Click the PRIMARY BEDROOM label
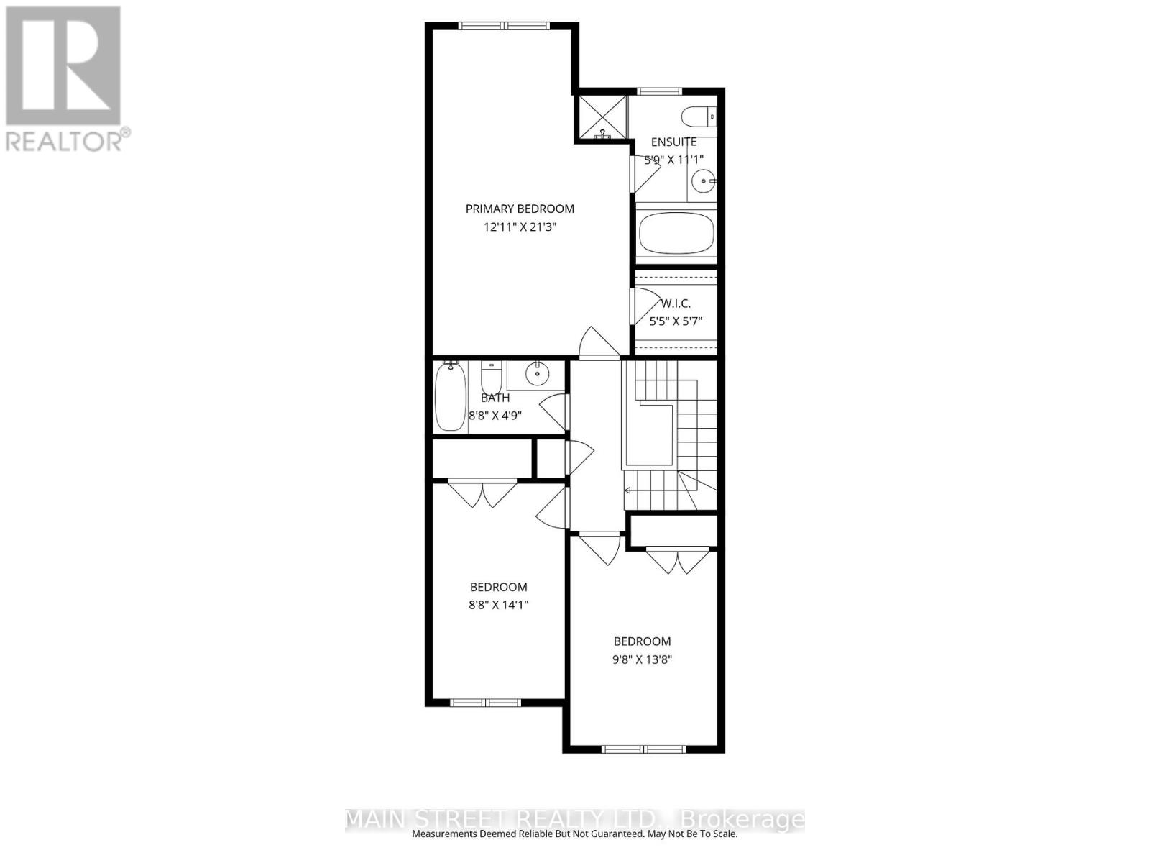pyautogui.click(x=520, y=209)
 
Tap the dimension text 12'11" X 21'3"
pyautogui.click(x=520, y=227)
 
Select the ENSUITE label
pyautogui.click(x=673, y=142)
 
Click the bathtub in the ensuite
pyautogui.click(x=676, y=232)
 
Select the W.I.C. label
pyautogui.click(x=676, y=303)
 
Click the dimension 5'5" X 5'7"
pyautogui.click(x=676, y=321)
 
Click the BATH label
pyautogui.click(x=495, y=398)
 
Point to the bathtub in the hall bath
pyautogui.click(x=451, y=397)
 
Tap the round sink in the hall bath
pyautogui.click(x=536, y=373)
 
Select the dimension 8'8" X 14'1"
pyautogui.click(x=498, y=605)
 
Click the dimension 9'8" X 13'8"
pyautogui.click(x=642, y=659)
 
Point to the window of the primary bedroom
pyautogui.click(x=505, y=26)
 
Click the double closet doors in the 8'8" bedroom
pyautogui.click(x=483, y=493)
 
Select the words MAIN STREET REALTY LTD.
pyautogui.click(x=501, y=819)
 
